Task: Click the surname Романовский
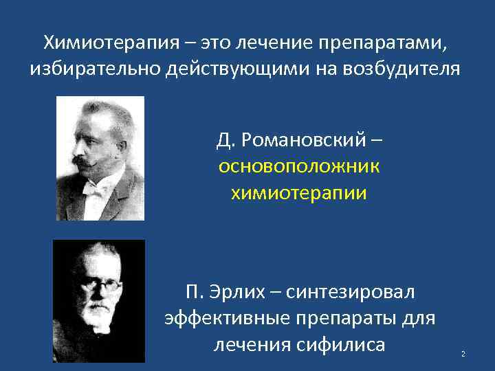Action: pyautogui.click(x=306, y=141)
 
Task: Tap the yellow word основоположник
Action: pyautogui.click(x=300, y=167)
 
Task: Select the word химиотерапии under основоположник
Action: pyautogui.click(x=300, y=193)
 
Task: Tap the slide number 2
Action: pyautogui.click(x=463, y=354)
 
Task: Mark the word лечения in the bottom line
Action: pyautogui.click(x=248, y=344)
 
